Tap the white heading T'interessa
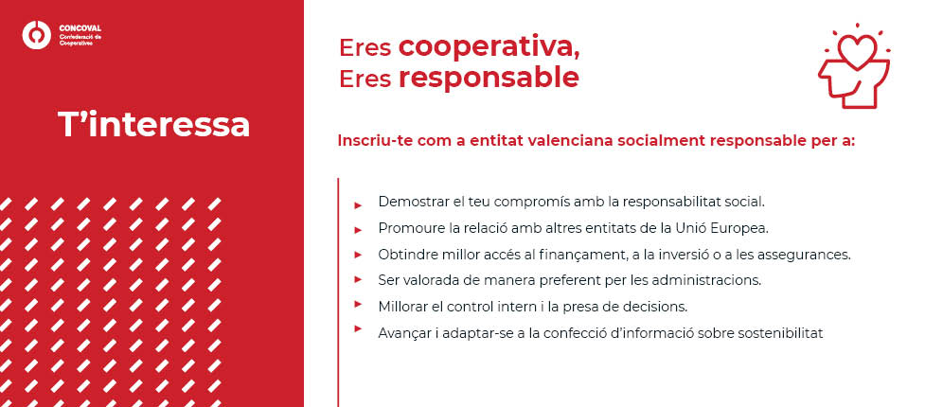[x=154, y=125]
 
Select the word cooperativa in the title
[x=489, y=46]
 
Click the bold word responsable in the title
[x=489, y=78]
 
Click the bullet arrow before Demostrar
[x=358, y=204]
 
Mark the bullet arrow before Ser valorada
[x=358, y=280]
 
